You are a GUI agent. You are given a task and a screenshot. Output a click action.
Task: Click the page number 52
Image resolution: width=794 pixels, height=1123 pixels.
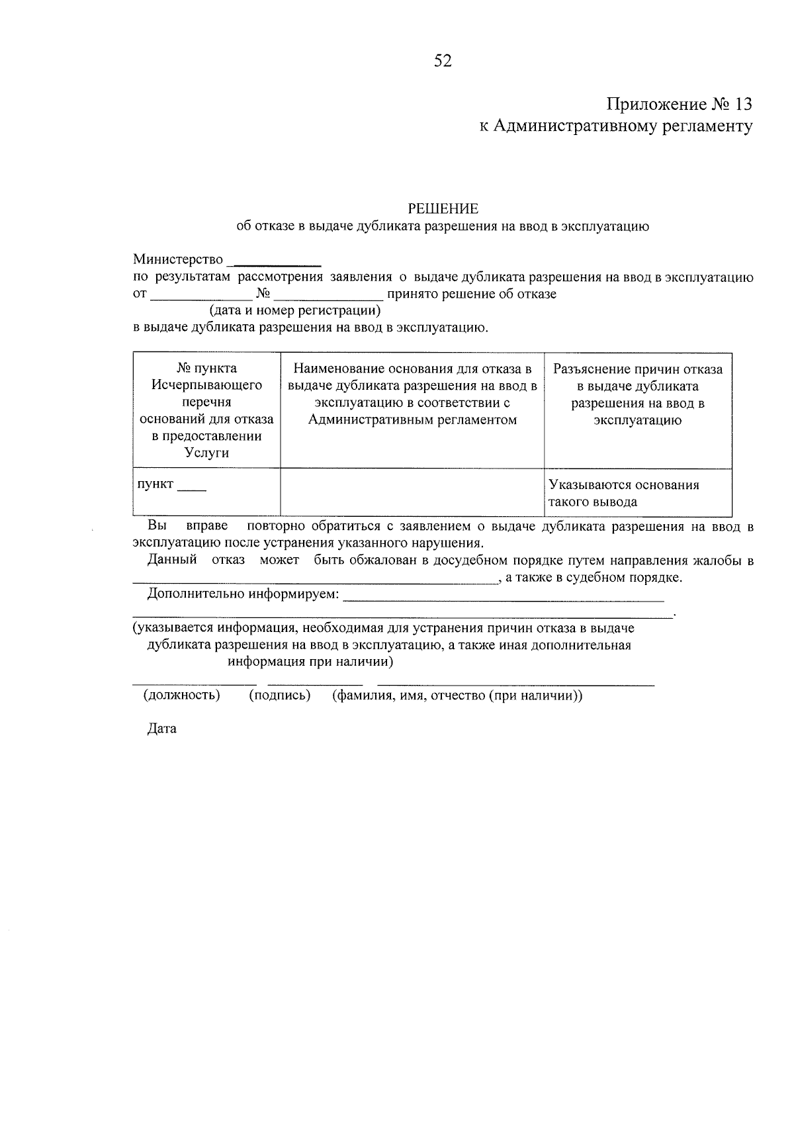[x=442, y=62]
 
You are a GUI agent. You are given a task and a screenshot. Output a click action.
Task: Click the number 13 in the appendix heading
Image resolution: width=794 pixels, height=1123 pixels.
[x=742, y=105]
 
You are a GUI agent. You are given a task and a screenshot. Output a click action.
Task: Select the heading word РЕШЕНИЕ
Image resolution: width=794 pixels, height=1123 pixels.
[x=443, y=209]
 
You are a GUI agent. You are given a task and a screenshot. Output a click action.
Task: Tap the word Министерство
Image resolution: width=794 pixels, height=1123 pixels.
[x=178, y=259]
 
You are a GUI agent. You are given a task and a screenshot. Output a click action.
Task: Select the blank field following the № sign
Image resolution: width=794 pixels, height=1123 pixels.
[x=328, y=296]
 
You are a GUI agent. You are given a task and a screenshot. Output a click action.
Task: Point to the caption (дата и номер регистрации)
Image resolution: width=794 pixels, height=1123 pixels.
[x=296, y=310]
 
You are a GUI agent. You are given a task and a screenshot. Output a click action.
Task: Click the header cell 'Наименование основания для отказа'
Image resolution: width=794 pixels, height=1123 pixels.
[x=412, y=394]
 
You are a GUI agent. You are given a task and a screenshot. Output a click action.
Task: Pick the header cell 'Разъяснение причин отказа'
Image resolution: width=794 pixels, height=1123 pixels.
[x=638, y=394]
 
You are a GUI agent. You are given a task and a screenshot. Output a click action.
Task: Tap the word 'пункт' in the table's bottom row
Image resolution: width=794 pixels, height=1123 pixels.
[x=155, y=484]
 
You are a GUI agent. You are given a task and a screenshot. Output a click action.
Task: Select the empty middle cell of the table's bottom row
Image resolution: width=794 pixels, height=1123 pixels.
[x=412, y=492]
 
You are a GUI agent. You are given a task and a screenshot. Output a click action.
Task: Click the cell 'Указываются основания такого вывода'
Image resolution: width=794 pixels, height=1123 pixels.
[x=624, y=493]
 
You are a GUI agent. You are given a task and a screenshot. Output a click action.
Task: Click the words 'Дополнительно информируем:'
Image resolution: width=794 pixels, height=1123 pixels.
[x=243, y=594]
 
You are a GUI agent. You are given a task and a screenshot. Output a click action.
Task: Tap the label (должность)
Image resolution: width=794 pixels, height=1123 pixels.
[x=181, y=696]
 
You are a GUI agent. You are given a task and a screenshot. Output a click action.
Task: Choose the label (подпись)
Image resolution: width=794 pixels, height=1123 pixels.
[x=280, y=696]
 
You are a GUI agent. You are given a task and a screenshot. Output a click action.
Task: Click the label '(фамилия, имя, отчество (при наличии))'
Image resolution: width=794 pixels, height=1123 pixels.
[x=457, y=696]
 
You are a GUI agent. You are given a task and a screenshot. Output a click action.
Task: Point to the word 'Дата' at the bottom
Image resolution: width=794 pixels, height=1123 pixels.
[x=162, y=729]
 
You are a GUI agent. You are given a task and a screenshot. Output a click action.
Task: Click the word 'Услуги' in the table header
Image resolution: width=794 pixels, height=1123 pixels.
[x=206, y=453]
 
